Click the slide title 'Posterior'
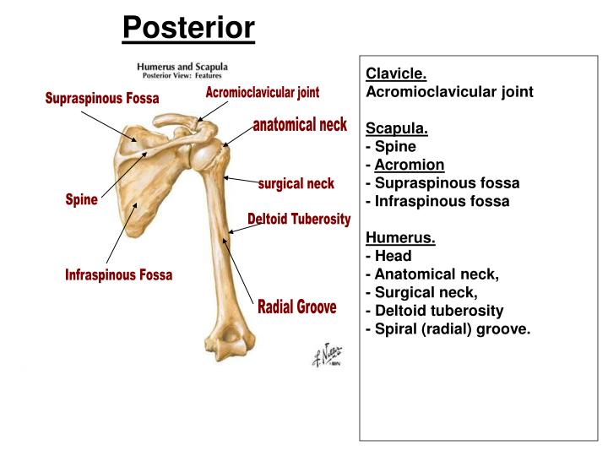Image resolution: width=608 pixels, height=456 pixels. click(188, 29)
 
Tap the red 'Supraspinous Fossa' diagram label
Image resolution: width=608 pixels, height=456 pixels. click(102, 99)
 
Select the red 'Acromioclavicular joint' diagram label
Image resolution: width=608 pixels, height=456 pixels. click(263, 92)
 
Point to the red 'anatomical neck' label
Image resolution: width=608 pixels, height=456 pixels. click(300, 125)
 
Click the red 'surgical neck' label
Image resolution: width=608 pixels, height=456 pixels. click(296, 183)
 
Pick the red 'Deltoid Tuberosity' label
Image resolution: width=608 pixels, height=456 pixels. click(299, 219)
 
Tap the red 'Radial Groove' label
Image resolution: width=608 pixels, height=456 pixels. click(296, 307)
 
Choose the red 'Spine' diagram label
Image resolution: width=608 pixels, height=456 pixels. click(82, 200)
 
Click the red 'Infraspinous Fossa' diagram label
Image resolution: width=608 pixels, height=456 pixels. click(118, 275)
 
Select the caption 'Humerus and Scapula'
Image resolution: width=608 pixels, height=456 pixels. click(182, 67)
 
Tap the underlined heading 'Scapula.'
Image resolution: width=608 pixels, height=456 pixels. click(397, 128)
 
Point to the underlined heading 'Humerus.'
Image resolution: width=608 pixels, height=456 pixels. click(400, 237)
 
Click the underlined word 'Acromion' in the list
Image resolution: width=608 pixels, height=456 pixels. click(410, 165)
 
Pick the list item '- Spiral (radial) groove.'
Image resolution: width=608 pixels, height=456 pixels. click(448, 328)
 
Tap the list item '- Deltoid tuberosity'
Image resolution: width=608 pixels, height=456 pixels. click(434, 311)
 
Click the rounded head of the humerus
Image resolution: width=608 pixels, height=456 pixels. click(206, 155)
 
